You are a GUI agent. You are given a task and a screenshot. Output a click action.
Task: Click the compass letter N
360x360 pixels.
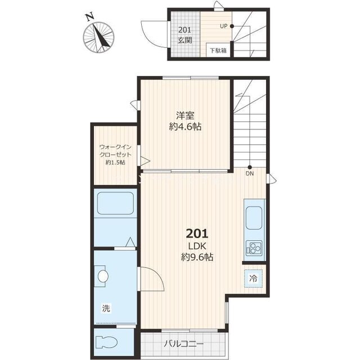[89, 17]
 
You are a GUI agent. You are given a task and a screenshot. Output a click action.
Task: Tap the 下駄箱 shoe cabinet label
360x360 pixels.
[218, 50]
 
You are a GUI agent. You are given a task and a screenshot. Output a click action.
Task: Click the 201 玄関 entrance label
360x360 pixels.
[185, 35]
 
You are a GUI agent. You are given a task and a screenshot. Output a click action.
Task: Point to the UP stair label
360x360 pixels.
[223, 26]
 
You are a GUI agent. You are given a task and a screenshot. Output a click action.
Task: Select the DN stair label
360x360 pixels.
[250, 174]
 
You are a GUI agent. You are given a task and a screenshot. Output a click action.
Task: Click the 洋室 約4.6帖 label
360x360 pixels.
[185, 121]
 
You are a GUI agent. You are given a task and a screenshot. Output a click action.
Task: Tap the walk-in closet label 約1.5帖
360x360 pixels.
[115, 163]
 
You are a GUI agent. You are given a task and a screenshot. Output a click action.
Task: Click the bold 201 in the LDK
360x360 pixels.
[197, 234]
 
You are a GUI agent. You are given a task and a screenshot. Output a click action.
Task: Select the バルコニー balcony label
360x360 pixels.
[184, 344]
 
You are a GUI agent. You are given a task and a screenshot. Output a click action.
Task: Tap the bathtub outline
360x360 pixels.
[115, 203]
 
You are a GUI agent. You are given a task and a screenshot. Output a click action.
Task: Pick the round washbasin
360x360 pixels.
[103, 276]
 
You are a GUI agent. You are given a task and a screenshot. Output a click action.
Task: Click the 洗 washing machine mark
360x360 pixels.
[106, 308]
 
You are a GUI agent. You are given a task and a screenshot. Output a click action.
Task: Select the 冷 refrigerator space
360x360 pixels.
[254, 278]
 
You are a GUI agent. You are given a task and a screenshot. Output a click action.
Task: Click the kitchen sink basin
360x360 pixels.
[254, 218]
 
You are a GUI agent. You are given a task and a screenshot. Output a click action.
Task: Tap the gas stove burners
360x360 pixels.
[254, 248]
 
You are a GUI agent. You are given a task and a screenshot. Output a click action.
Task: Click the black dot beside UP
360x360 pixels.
[232, 26]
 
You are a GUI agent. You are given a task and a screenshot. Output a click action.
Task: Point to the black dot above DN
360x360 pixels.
[250, 168]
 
